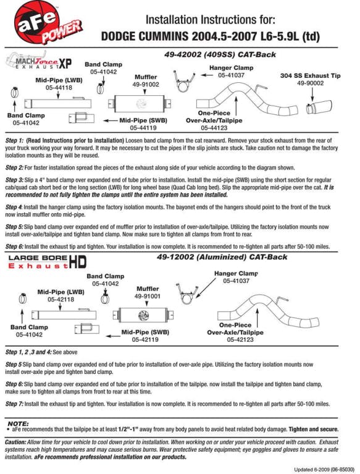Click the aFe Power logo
coord(48,22)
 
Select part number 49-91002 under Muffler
coord(146,84)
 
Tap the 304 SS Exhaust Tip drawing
coord(319,107)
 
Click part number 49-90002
coord(310,83)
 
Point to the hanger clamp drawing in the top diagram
coord(183,82)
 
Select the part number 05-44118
coord(59,88)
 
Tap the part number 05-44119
coord(143,127)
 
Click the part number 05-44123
coord(214,128)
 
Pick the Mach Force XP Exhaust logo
coord(40,61)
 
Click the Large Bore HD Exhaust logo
coord(47,262)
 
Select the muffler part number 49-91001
coord(148,296)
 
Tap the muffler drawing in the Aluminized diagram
coord(143,315)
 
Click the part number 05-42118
coord(61,299)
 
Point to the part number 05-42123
coord(240,339)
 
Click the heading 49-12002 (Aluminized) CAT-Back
coord(222,257)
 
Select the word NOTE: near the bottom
coord(18,423)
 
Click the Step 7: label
coord(14,404)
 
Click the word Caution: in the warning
coord(15,442)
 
